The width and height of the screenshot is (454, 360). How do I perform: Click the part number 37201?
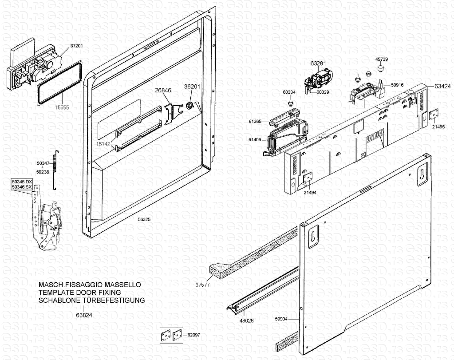76,46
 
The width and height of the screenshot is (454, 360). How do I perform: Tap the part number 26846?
163,90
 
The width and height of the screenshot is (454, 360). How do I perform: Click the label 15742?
103,144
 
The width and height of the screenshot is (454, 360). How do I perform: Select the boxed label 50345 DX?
22,182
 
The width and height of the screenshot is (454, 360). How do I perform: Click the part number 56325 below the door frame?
144,219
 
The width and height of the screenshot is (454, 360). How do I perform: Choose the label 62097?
193,335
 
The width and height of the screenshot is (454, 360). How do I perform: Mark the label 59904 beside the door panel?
281,318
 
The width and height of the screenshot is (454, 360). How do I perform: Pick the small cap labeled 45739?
380,67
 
